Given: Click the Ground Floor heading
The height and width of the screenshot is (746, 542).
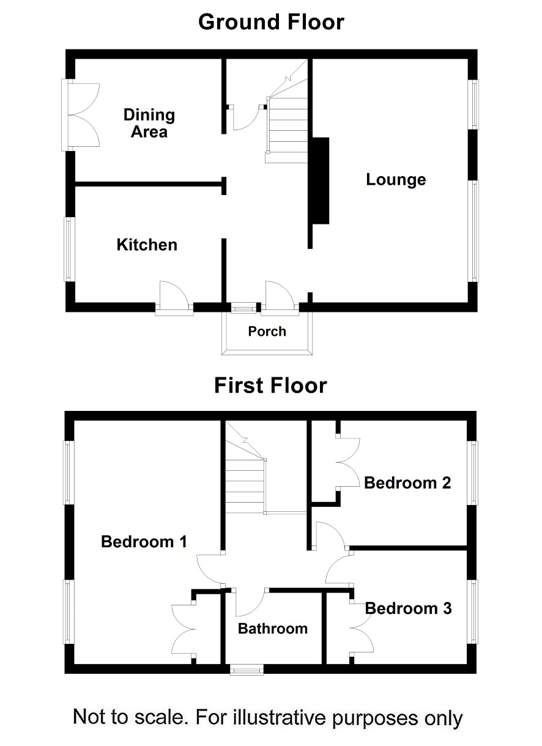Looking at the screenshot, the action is click(271, 22).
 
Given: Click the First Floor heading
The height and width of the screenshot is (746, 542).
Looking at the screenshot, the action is click(270, 386).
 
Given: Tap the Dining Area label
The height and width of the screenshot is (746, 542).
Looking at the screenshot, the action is click(149, 124).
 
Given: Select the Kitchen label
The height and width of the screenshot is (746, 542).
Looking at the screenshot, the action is click(147, 245).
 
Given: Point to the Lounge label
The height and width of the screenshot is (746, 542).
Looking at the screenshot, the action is click(396, 180).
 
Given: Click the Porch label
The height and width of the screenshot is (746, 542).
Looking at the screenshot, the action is click(267, 331).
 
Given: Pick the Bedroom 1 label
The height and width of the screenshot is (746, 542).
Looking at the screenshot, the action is click(144, 542).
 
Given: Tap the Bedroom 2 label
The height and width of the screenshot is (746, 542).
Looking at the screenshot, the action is click(407, 483).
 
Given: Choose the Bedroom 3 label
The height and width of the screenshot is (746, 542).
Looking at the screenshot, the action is click(408, 608).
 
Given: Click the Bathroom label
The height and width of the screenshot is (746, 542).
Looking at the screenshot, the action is click(272, 629).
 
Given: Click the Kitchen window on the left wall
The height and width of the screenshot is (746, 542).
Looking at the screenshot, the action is click(69, 249).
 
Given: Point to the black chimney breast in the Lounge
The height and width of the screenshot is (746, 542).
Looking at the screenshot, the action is click(320, 180).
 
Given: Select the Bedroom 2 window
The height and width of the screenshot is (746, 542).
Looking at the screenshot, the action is click(473, 473).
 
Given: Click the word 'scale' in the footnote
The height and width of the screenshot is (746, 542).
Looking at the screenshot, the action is click(159, 717).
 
